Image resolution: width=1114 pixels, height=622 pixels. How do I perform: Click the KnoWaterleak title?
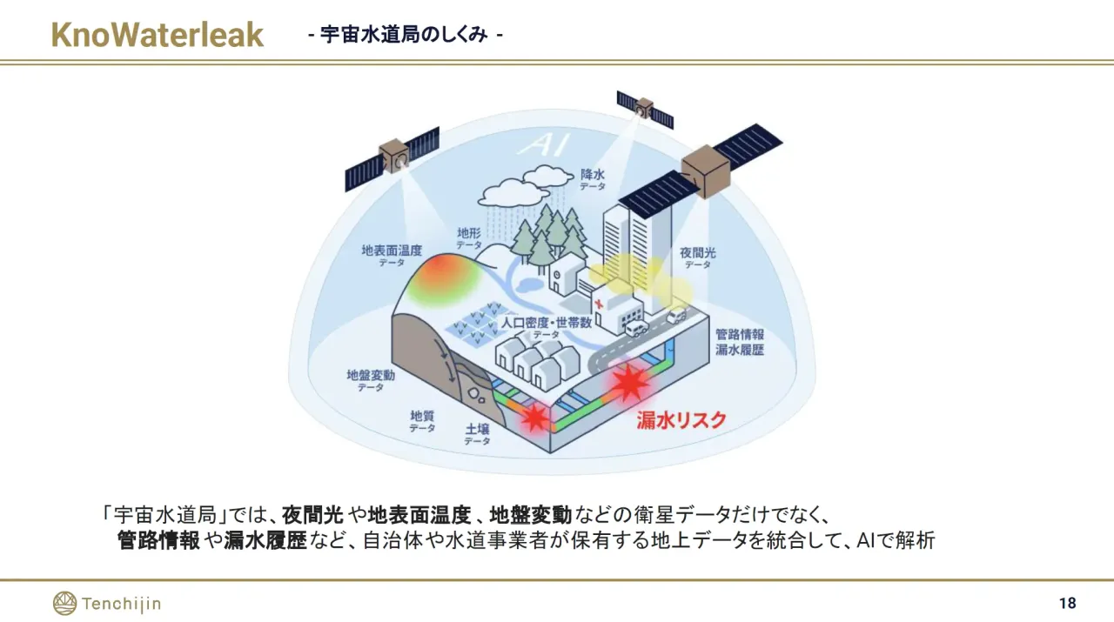[158, 35]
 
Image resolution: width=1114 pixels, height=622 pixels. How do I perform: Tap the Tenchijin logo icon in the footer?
[64, 603]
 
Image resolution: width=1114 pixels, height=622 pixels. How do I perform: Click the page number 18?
[1068, 603]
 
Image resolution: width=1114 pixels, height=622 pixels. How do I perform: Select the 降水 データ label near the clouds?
[593, 179]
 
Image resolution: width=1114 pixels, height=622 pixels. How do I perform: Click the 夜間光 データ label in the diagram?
[698, 258]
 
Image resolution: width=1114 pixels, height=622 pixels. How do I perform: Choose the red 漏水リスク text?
[681, 420]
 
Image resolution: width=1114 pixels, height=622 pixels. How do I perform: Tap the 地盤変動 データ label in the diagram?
[371, 380]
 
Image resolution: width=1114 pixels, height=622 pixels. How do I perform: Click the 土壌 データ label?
[478, 434]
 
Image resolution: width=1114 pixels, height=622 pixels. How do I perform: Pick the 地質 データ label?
[422, 421]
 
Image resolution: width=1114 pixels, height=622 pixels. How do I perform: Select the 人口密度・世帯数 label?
[546, 323]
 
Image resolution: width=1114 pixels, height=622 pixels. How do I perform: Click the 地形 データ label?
[469, 238]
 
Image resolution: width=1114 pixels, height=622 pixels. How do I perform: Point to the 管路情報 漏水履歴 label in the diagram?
[740, 342]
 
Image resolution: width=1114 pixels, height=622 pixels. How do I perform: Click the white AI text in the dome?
[543, 145]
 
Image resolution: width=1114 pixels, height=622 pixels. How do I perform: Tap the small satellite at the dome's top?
[645, 109]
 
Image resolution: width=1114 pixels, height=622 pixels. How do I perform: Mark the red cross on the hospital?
[598, 303]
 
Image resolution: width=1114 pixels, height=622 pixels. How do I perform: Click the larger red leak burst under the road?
[628, 382]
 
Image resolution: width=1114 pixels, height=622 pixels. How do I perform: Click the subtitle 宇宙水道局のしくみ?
[404, 35]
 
